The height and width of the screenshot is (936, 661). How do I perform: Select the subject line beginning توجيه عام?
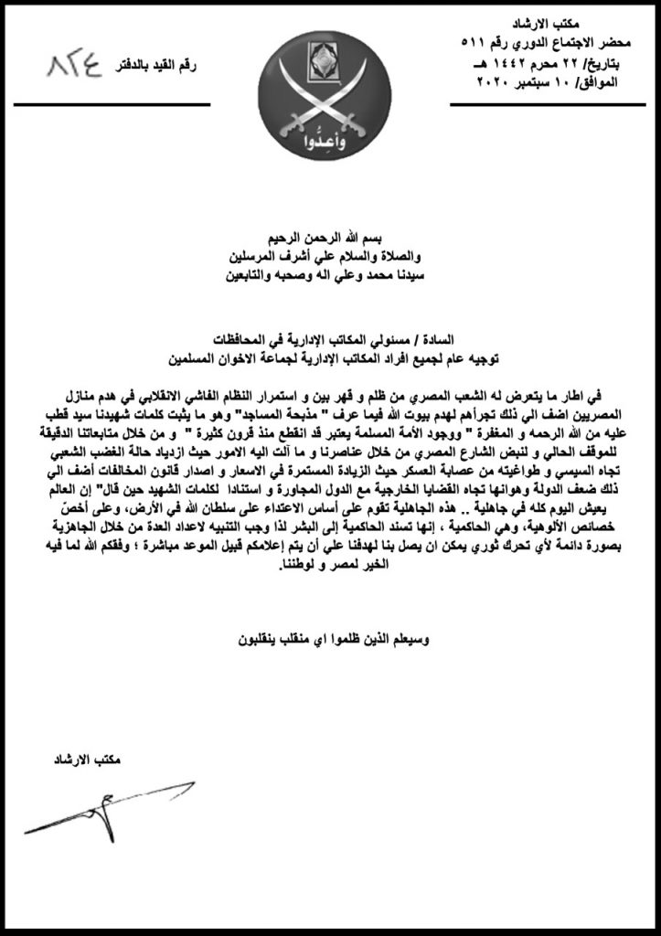tap(329, 353)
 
